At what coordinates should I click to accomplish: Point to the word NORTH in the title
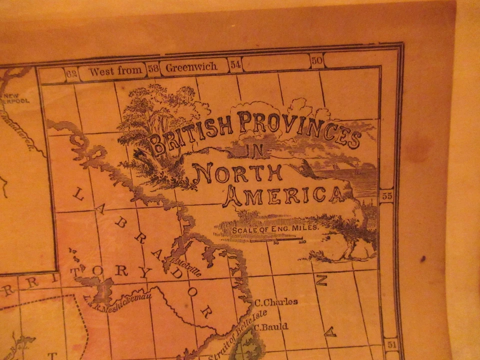click(237, 172)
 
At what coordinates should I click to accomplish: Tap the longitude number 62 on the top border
click(72, 74)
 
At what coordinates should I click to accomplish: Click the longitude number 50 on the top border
click(316, 61)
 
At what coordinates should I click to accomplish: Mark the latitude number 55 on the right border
click(387, 196)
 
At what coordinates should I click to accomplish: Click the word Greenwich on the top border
click(191, 66)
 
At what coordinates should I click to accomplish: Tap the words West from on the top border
click(115, 70)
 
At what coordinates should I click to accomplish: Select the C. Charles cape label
click(276, 302)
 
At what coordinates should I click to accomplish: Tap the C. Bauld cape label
click(271, 327)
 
